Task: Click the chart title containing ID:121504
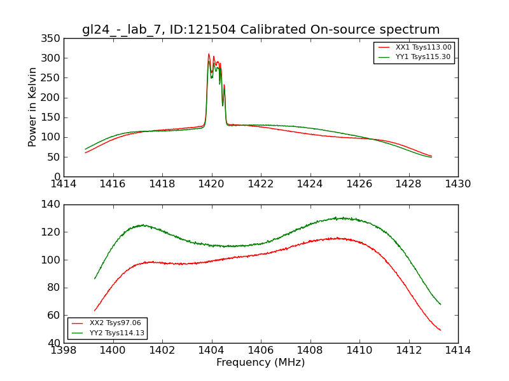261,30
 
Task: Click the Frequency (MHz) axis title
261,363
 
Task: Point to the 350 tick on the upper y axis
53,39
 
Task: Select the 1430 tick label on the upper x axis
458,184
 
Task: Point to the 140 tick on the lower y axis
53,204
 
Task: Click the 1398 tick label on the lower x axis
64,351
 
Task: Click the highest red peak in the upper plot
209,54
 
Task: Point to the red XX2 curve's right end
440,330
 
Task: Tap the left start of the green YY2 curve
95,279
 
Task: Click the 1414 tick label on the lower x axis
458,351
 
